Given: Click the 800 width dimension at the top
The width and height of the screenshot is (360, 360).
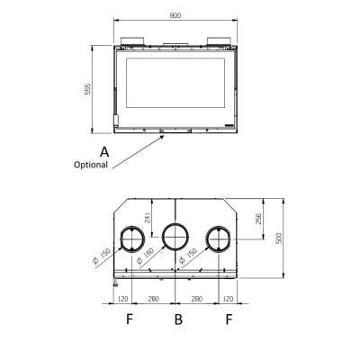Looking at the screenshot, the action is coord(175,15).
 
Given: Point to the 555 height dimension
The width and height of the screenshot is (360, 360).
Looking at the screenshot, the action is coord(87,89).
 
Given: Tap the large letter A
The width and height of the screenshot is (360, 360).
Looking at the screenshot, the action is coord(104,152).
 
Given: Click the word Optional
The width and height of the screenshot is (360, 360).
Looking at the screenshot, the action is coord(91,165).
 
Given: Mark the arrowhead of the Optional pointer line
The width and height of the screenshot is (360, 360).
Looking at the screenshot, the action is coord(162,137).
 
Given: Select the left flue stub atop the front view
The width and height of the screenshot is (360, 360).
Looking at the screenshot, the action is coord(132,41).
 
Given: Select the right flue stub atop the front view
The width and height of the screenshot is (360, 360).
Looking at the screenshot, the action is coord(219,41).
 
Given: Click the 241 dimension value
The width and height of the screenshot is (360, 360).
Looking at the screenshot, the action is coord(148,218).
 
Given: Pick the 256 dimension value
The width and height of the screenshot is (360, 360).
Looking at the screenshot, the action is coord(258,219).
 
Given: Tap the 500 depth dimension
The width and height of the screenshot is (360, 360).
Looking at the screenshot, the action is coord(279,238).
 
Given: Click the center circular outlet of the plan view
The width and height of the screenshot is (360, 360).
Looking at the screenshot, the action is coord(175,237).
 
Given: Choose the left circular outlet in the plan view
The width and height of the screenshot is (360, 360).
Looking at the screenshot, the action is coord(132,239).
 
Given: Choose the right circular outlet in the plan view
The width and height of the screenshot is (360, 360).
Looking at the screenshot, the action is coord(219,239).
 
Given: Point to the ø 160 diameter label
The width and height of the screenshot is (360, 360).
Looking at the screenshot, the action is coord(146,256).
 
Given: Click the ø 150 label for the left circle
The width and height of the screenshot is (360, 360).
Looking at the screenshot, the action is coord(102,256).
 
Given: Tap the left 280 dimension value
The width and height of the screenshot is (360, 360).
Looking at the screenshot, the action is coord(153,299).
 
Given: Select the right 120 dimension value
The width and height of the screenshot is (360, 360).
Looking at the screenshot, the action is coord(228,299).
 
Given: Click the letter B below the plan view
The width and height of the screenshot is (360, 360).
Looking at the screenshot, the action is coord(178,319).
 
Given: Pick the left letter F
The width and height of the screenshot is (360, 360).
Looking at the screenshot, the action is coord(130,319).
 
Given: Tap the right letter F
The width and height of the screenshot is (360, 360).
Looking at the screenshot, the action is coord(229,319).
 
